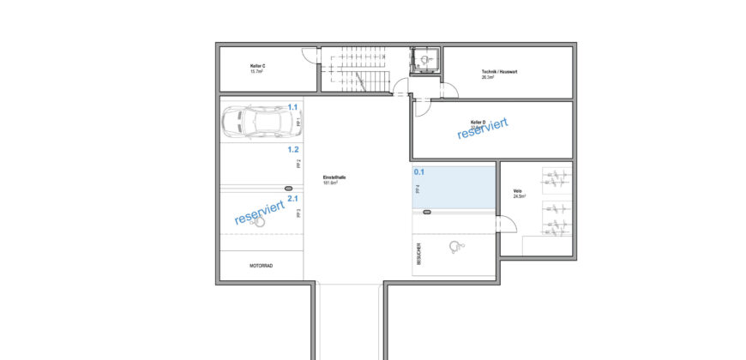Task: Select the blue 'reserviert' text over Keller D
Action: tap(483, 129)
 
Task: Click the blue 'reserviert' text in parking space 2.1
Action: tap(259, 213)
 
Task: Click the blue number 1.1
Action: tap(292, 107)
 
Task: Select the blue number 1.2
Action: tap(292, 148)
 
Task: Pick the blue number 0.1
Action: tap(419, 171)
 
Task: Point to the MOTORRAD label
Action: tap(261, 266)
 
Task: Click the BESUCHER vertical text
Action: tap(418, 255)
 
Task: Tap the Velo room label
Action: tap(517, 194)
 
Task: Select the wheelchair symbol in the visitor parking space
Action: tap(455, 247)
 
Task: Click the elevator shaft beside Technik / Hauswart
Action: tap(424, 60)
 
